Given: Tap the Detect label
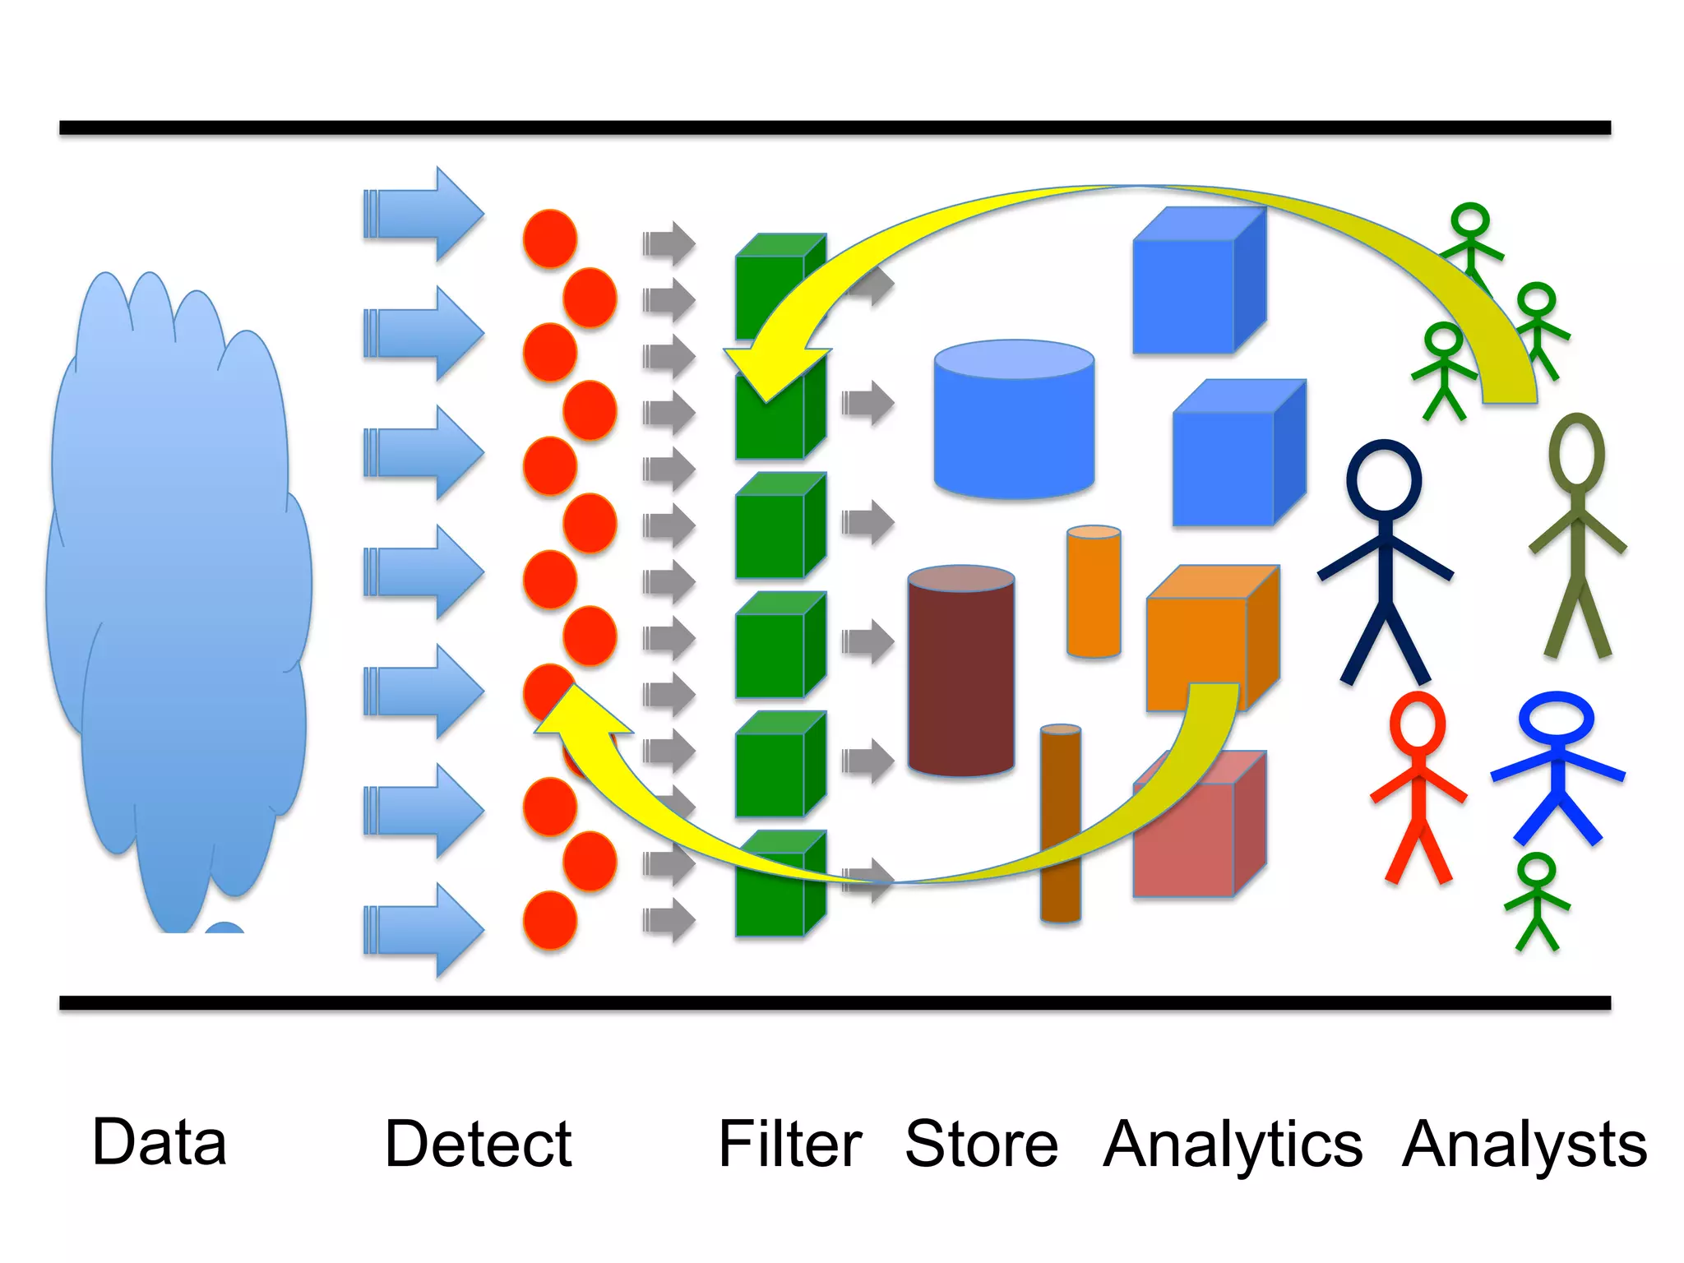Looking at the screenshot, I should (x=478, y=1144).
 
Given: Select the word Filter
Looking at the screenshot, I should (x=789, y=1144).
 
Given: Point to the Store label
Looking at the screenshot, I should (x=981, y=1144).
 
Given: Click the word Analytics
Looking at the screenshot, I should (x=1233, y=1145).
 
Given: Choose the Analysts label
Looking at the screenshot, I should (x=1524, y=1145).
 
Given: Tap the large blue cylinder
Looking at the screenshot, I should (x=1013, y=428).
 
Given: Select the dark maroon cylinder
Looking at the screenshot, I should (x=960, y=674).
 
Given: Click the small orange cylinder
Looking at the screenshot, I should (x=1094, y=592).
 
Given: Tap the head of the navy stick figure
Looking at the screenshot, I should (x=1384, y=477).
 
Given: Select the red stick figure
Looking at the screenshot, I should (x=1418, y=789).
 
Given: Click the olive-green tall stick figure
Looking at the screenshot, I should (x=1576, y=534).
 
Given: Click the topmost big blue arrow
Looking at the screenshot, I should (x=423, y=215).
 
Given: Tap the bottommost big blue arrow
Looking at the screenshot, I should (x=423, y=930).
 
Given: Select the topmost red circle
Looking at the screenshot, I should (x=549, y=238).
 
